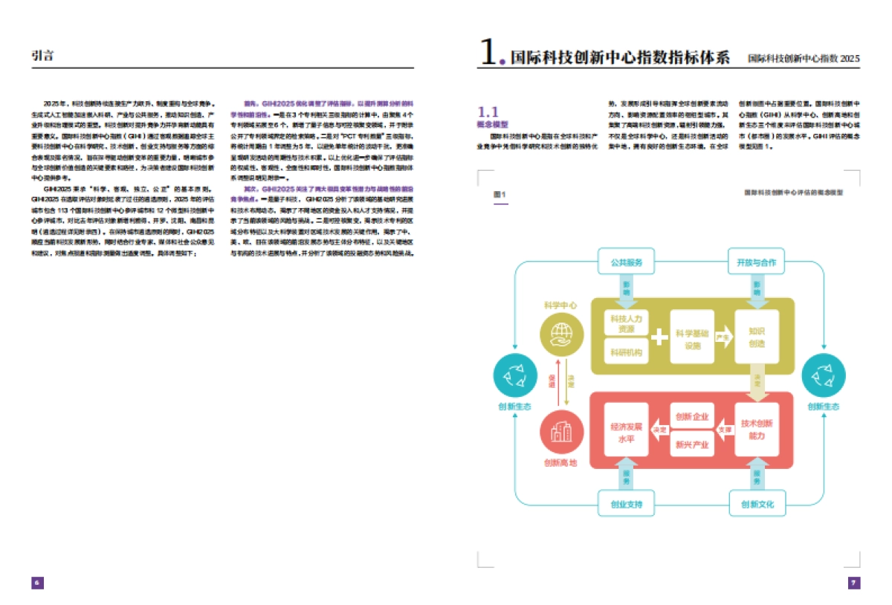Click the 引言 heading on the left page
pos(42,56)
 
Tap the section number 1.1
pos(488,112)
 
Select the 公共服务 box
pos(626,262)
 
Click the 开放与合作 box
pos(756,262)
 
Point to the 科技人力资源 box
pos(626,323)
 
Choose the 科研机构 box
pos(626,352)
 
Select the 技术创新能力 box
pos(757,429)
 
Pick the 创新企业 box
pos(691,416)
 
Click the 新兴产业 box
pos(691,445)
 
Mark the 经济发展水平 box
pos(626,431)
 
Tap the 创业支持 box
pos(626,505)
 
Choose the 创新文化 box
pos(757,505)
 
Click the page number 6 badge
pos(37,583)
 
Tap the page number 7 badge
pos(854,583)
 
